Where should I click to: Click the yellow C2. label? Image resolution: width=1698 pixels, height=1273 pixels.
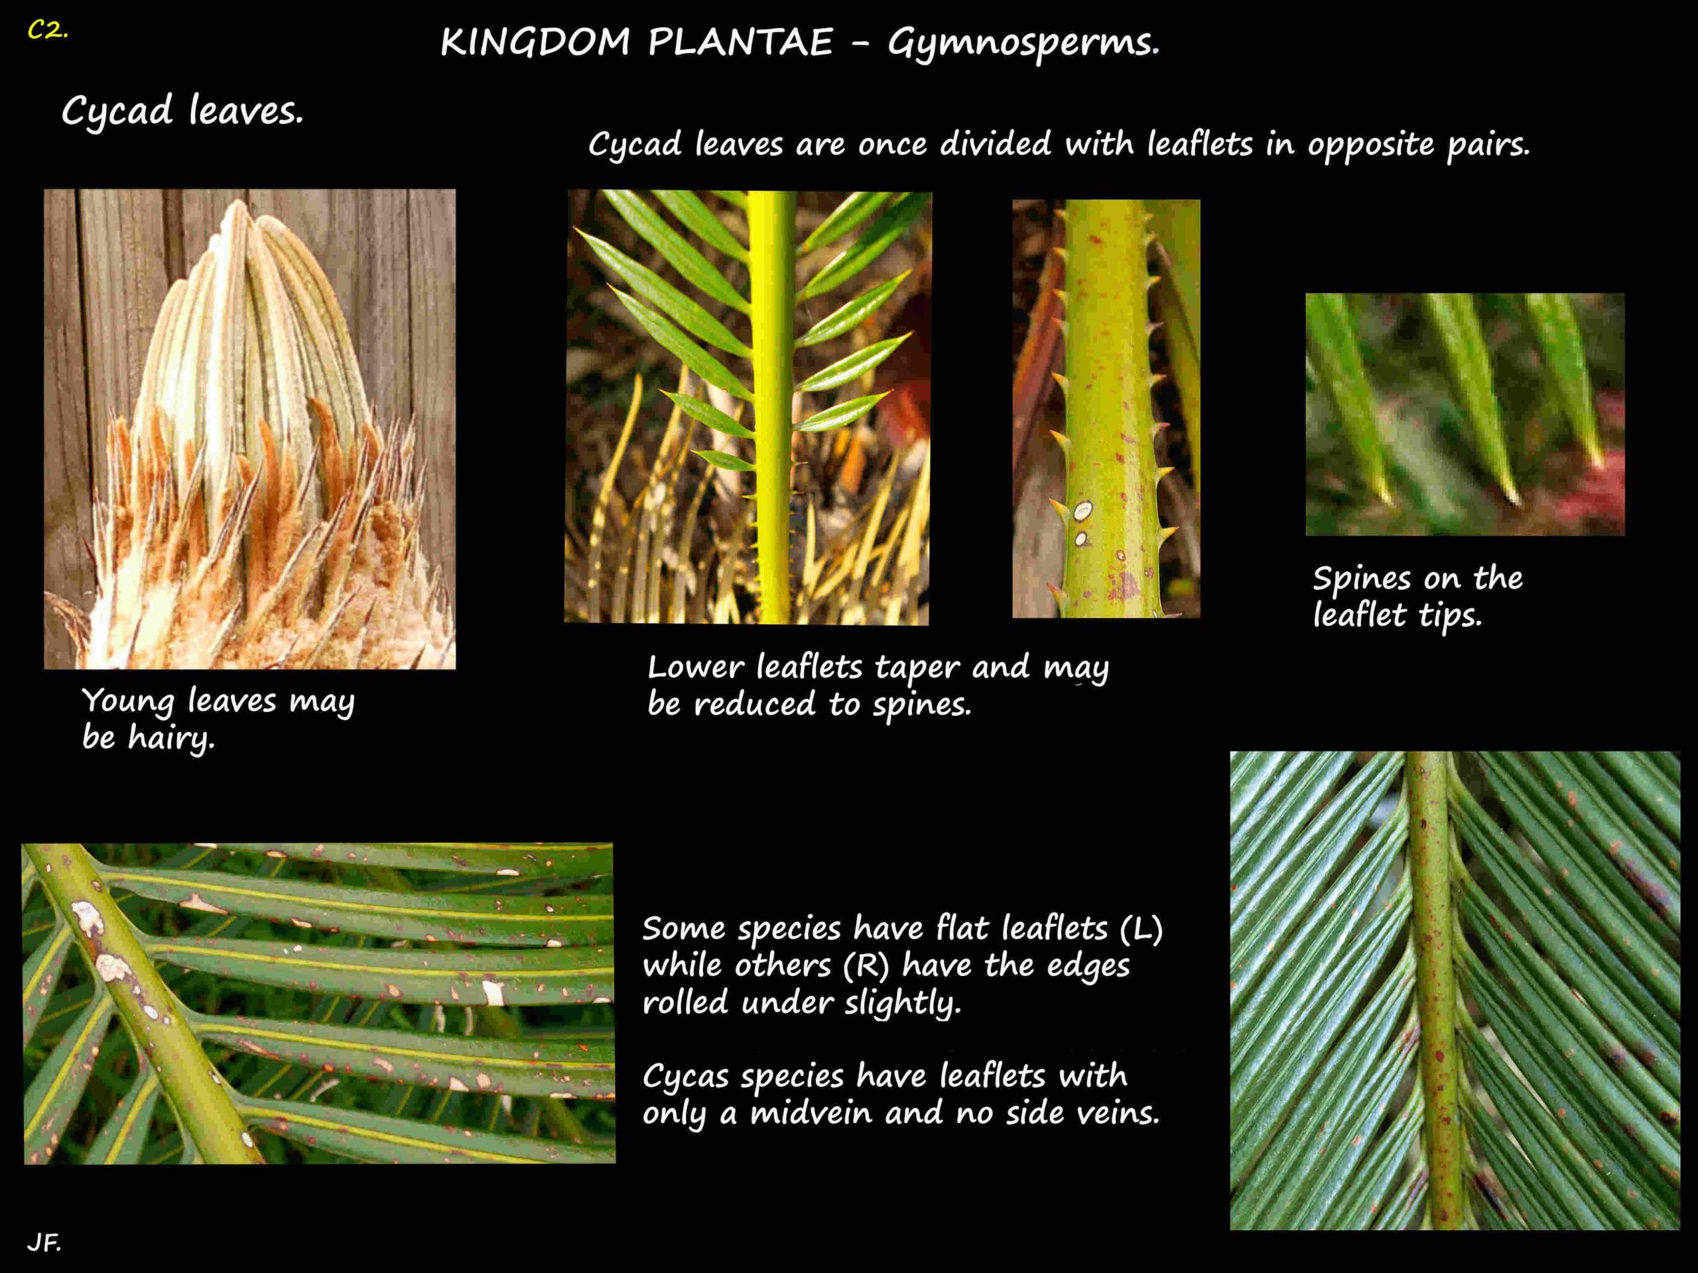[x=48, y=30]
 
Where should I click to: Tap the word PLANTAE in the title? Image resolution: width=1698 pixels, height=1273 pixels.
[x=740, y=42]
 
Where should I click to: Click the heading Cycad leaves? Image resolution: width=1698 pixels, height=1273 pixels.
[x=182, y=111]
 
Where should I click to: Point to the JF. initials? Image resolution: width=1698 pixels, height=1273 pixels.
[x=44, y=1243]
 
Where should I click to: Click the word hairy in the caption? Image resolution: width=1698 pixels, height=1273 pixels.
[x=171, y=738]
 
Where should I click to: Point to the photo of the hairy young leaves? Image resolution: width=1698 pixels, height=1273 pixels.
[x=249, y=429]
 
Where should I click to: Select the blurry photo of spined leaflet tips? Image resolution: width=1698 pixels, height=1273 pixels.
[x=1465, y=414]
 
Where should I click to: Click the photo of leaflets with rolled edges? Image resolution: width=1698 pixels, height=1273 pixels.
[x=1455, y=991]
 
